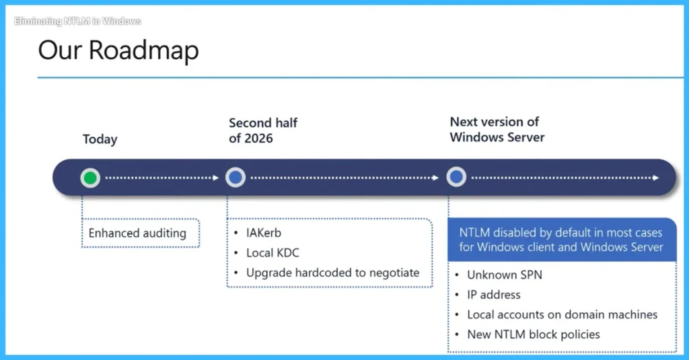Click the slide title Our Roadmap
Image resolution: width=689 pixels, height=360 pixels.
coord(118,51)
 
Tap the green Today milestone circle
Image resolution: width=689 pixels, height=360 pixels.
coord(90,178)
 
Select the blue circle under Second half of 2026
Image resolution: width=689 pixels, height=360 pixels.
coord(235,178)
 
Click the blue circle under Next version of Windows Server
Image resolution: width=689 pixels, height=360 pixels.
coord(456,178)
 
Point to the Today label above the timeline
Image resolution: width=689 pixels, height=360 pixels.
coord(100,139)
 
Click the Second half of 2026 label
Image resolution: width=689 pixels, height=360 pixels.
coord(263,131)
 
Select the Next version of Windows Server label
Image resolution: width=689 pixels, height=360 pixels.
coord(497,129)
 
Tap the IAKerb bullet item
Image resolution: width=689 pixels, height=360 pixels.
coord(263,233)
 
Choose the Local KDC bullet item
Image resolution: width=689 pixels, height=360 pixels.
coord(273,253)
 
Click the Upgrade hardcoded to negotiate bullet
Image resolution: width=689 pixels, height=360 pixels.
coord(332,273)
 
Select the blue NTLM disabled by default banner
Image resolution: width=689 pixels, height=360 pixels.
coord(561,240)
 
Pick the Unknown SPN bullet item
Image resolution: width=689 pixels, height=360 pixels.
coord(504,275)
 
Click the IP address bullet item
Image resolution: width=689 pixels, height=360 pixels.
coord(493,295)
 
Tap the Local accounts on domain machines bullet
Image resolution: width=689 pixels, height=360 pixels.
coord(562,314)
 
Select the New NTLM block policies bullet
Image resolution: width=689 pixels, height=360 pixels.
coord(533,334)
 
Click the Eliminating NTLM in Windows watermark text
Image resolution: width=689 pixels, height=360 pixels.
coord(77,21)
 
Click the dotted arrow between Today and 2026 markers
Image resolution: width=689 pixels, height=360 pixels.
coord(162,178)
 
